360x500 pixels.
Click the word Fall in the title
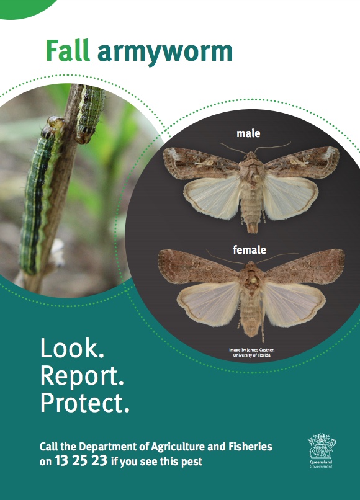[x=68, y=50]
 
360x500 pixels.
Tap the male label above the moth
[x=248, y=133]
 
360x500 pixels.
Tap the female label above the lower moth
[x=250, y=249]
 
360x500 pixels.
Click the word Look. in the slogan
[x=72, y=348]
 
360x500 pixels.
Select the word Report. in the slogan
[x=82, y=376]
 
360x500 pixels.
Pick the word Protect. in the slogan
[x=85, y=403]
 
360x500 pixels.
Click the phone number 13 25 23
[x=81, y=460]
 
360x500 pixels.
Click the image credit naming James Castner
[x=251, y=352]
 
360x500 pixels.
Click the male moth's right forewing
[x=302, y=162]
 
